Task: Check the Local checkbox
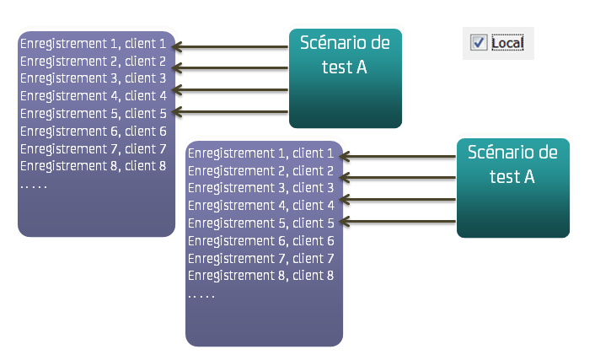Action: point(478,42)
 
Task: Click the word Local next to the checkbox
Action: point(507,42)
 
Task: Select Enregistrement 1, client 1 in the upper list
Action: point(93,43)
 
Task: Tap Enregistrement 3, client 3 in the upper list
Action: point(93,78)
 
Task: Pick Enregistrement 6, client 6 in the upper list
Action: point(93,131)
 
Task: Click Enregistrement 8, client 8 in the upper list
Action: point(93,165)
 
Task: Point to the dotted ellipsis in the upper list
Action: point(34,185)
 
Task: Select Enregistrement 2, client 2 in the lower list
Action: point(260,171)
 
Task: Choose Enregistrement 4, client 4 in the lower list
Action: point(260,206)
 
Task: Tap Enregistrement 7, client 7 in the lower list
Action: point(260,258)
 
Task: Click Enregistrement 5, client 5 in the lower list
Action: point(260,223)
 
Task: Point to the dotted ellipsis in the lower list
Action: point(201,295)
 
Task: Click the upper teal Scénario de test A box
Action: point(346,78)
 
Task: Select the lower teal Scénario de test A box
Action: point(513,188)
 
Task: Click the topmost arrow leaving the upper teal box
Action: point(232,46)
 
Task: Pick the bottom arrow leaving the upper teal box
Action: point(232,111)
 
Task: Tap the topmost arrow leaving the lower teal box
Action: point(399,156)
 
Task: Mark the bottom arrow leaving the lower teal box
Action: point(399,221)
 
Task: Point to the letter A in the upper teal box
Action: point(362,67)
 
